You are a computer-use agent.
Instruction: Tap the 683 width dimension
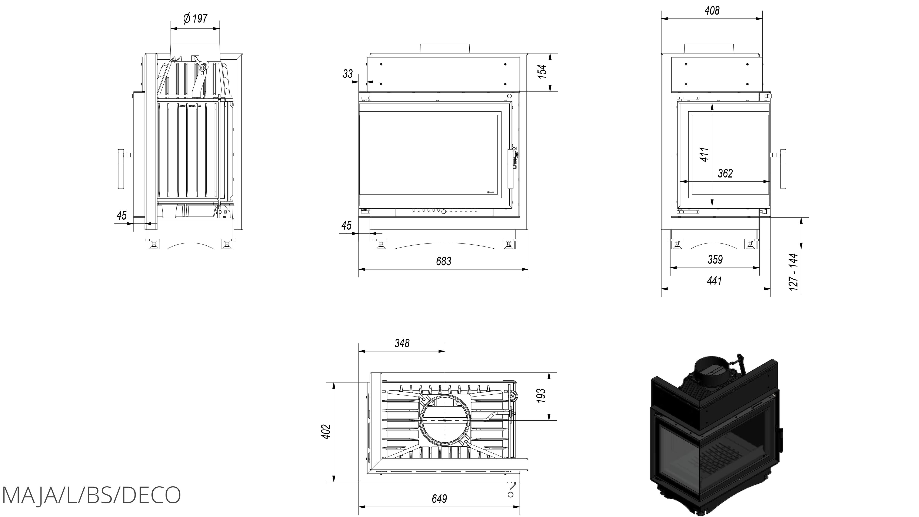(x=443, y=262)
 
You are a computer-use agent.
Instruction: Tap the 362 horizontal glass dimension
(x=725, y=173)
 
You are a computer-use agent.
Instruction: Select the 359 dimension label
(x=715, y=259)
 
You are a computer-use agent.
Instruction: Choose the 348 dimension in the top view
(x=402, y=343)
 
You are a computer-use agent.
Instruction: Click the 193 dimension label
(x=541, y=396)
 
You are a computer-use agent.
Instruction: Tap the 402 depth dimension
(x=326, y=431)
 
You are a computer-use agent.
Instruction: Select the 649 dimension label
(x=439, y=498)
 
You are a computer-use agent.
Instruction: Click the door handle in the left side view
(x=121, y=169)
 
